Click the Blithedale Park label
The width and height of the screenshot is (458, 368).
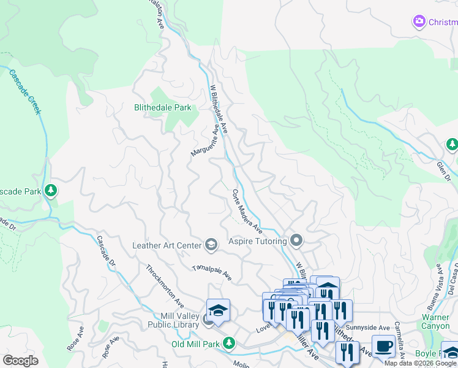pos(162,107)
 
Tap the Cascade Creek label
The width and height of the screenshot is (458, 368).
pos(24,91)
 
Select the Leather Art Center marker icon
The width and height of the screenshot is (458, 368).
pos(211,245)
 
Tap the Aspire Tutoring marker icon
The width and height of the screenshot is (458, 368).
pos(297,240)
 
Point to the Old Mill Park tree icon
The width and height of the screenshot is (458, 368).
pos(228,343)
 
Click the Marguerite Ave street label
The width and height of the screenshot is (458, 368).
pos(205,140)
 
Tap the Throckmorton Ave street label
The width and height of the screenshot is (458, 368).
pos(165,285)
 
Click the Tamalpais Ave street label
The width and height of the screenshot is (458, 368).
pos(212,273)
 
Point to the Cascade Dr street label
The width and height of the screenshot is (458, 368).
pos(106,251)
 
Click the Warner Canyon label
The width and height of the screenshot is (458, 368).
pos(435,321)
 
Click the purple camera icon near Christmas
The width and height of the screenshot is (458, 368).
pos(419,22)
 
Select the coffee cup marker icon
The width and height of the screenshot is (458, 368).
pos(383,345)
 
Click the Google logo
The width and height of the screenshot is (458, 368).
pos(21,361)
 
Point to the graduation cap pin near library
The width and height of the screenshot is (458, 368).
pos(217,310)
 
